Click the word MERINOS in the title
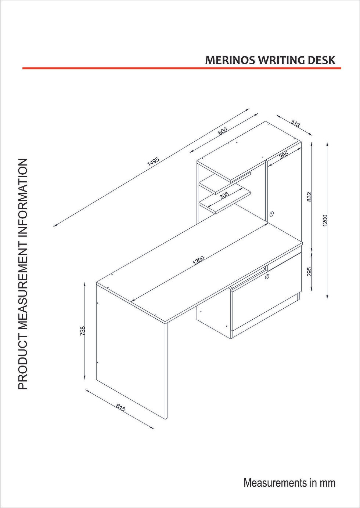click(x=231, y=60)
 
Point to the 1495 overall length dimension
click(x=153, y=162)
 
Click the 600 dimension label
click(x=223, y=131)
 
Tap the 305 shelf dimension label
click(x=224, y=195)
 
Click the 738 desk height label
click(x=82, y=331)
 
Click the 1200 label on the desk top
click(x=199, y=261)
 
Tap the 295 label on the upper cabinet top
click(x=284, y=155)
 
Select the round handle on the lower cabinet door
click(x=267, y=276)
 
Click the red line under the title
click(x=181, y=68)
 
